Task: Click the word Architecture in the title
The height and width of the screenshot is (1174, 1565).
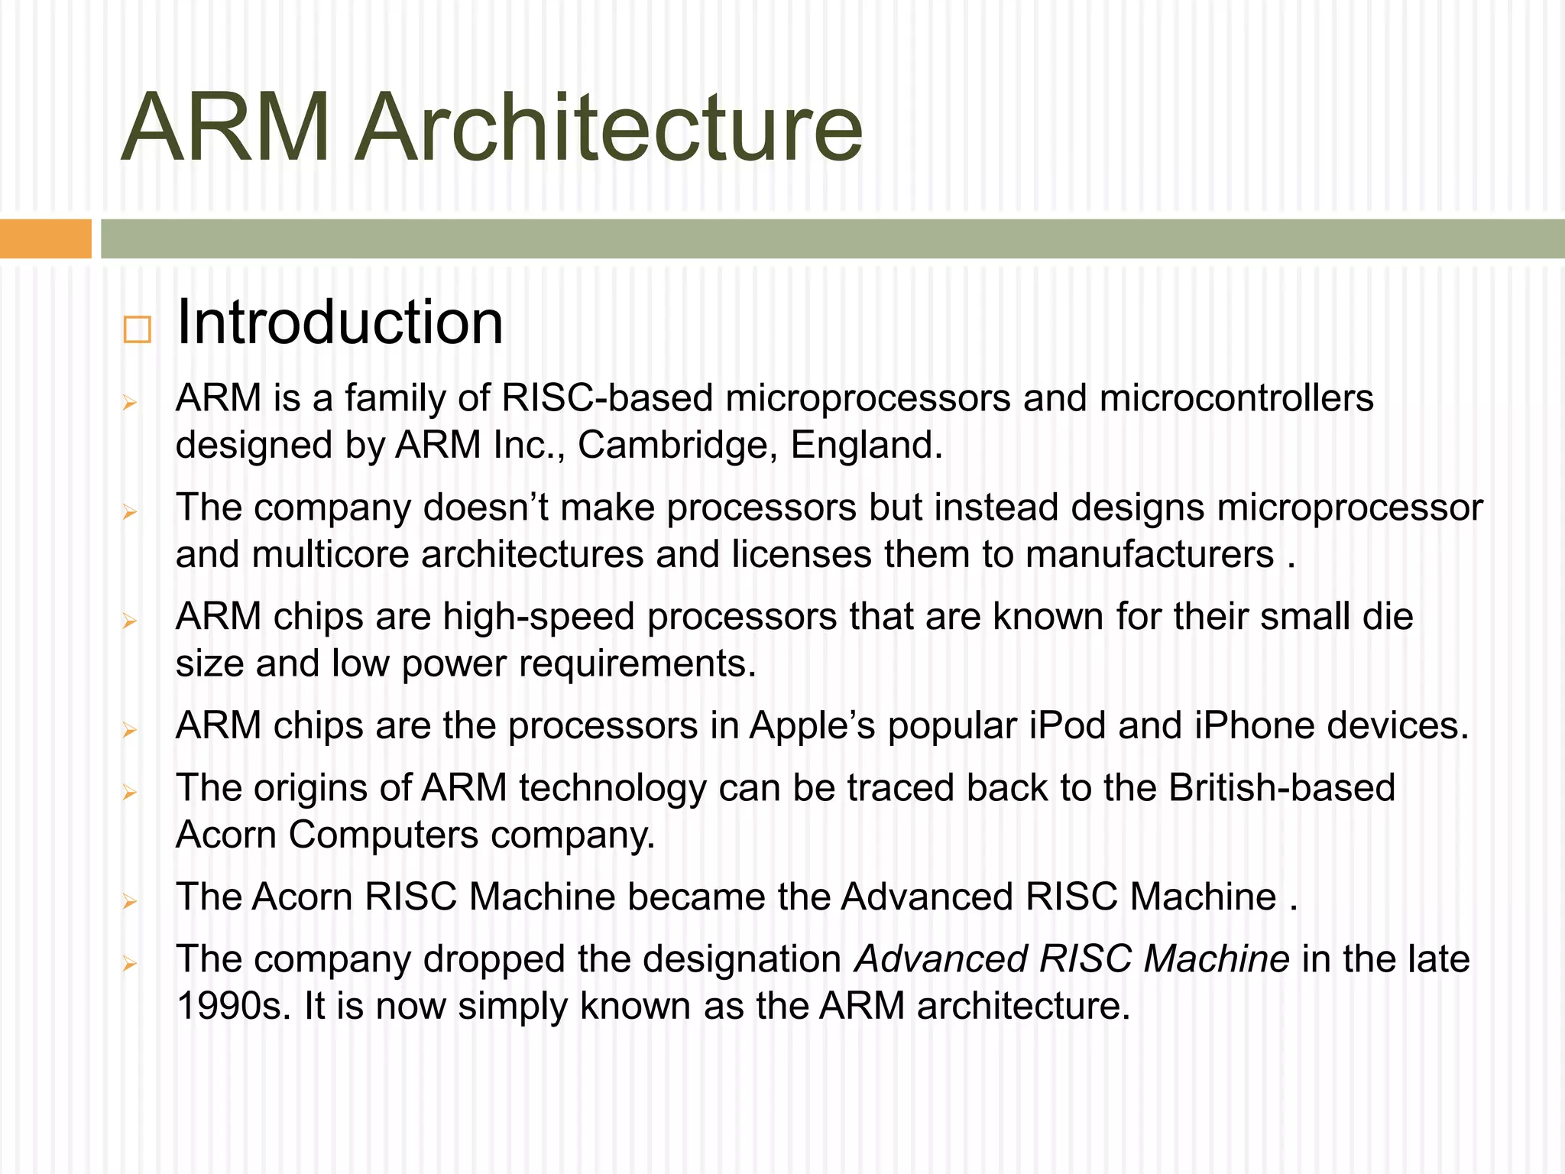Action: [609, 128]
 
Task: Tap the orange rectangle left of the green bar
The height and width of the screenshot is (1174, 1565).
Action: [45, 238]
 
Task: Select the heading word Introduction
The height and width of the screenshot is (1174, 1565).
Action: [339, 323]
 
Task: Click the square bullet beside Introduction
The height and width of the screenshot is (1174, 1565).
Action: [137, 329]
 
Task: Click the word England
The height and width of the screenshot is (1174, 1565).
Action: [867, 445]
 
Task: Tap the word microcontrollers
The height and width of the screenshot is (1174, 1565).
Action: [1236, 398]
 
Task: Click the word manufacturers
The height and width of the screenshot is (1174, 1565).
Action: [1150, 554]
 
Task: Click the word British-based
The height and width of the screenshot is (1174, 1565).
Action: [1281, 788]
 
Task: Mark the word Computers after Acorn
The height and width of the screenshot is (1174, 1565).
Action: [384, 835]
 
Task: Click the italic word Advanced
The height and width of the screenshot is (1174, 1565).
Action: [941, 959]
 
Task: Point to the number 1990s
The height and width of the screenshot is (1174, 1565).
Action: [233, 1006]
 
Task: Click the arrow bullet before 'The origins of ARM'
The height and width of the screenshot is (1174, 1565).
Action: [130, 793]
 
